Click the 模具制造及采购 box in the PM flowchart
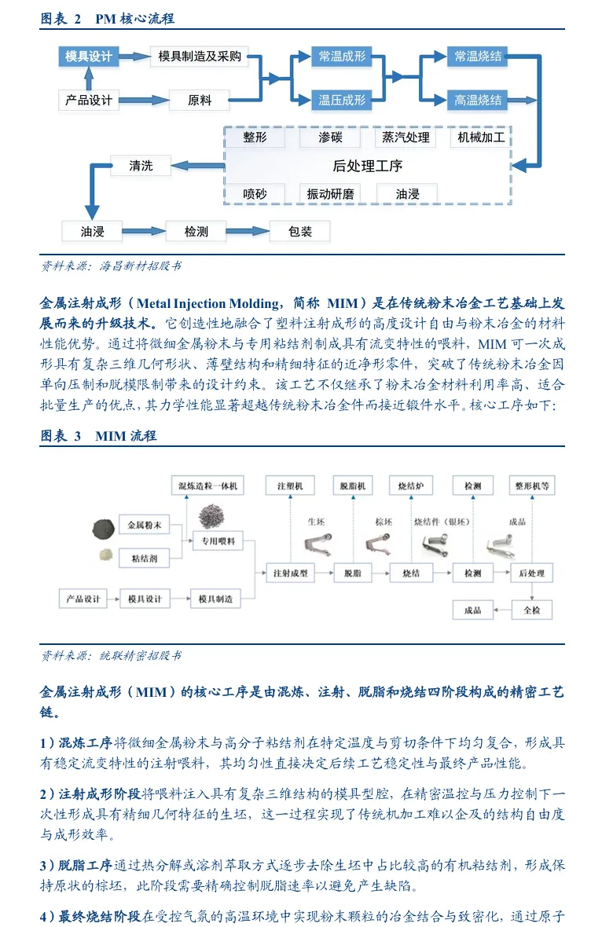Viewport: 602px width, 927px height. [199, 57]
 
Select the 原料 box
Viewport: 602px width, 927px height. [199, 100]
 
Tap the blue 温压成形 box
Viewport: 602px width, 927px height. [342, 100]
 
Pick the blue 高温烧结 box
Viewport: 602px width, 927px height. [478, 100]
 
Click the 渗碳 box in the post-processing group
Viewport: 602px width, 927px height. [330, 137]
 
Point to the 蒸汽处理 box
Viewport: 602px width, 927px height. [406, 137]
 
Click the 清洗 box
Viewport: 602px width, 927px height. [141, 166]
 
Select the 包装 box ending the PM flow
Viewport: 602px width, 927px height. [299, 231]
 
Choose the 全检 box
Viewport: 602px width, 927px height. [532, 610]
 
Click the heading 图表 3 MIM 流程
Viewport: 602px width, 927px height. [98, 436]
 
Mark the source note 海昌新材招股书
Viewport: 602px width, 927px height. [110, 266]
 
